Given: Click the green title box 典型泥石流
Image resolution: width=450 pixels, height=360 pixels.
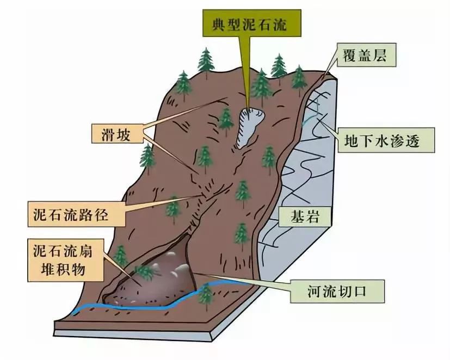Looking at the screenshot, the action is (x=252, y=23).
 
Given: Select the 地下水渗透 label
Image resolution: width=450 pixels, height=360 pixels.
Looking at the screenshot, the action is (x=385, y=140).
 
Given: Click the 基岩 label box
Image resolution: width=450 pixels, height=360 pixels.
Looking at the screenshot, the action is (x=305, y=216).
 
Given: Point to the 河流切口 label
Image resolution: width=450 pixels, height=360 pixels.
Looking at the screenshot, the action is (x=337, y=291).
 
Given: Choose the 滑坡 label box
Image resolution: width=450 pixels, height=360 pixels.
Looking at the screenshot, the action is (x=118, y=134).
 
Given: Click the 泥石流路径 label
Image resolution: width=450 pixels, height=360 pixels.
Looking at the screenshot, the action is (x=76, y=214).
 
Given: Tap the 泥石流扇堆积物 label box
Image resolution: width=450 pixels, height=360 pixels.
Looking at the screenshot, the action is (x=66, y=260).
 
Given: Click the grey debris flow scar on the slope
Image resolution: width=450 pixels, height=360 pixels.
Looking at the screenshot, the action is (x=249, y=127).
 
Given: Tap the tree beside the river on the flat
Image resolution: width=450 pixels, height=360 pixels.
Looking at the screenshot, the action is (x=206, y=295).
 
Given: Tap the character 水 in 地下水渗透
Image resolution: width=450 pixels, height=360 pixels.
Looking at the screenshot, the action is (x=385, y=140).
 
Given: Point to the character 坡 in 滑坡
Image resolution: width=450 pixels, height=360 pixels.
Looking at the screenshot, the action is (x=124, y=134).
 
